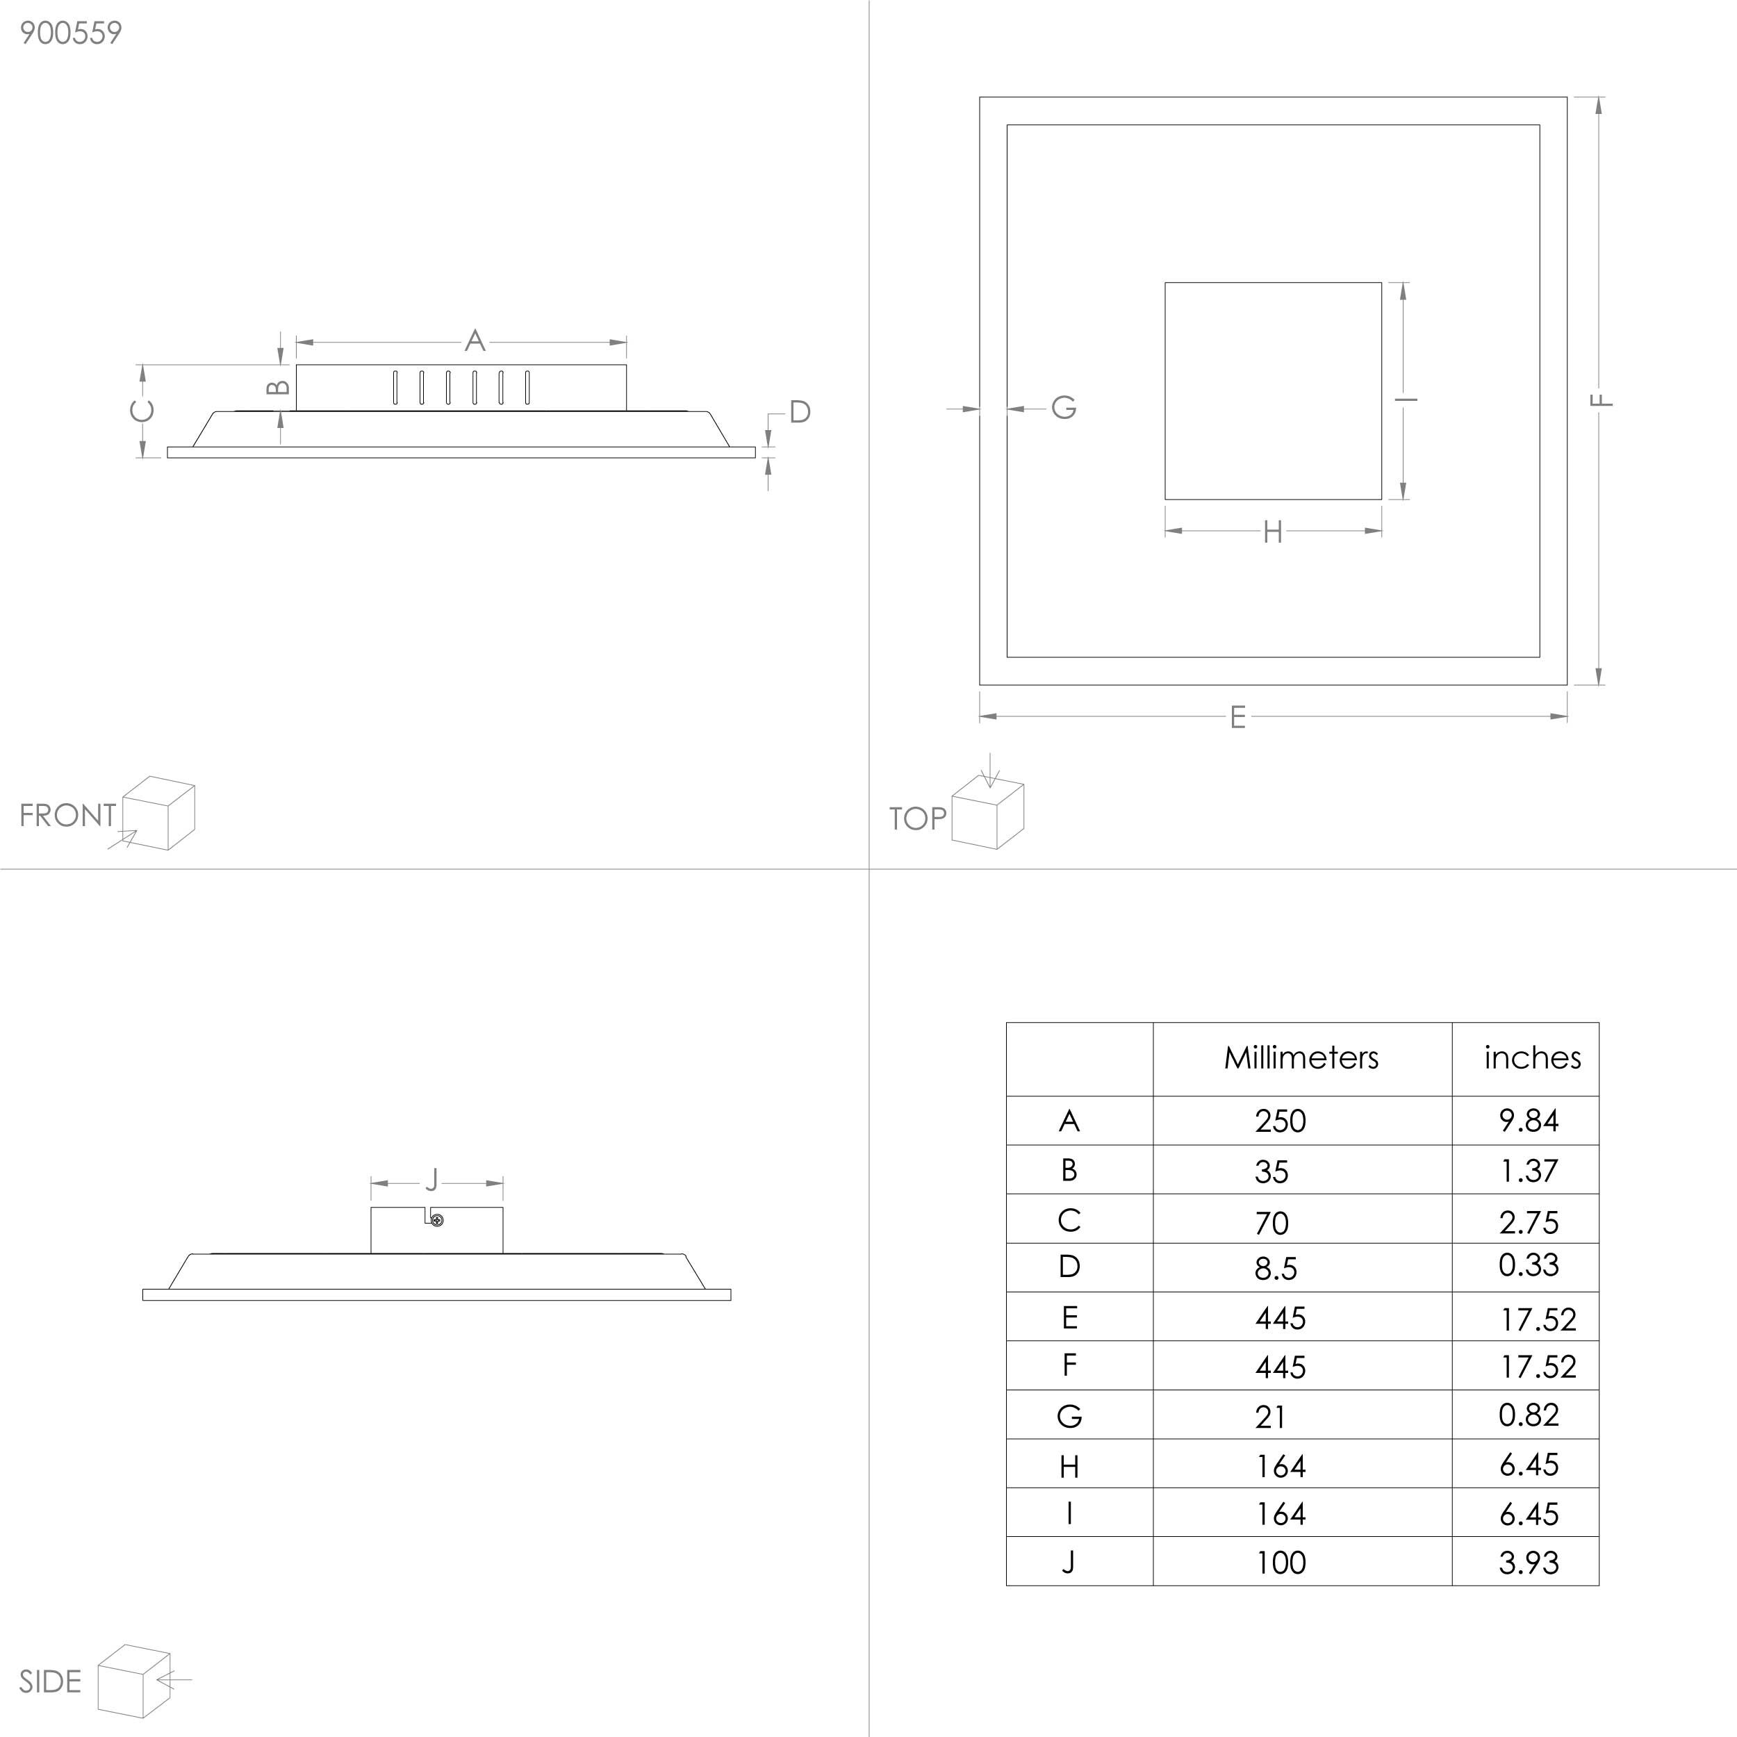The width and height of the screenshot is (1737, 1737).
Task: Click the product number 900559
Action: coord(70,33)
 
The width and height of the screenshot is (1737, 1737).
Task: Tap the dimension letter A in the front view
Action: coord(475,340)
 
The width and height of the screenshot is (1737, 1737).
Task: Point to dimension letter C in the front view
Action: coord(142,411)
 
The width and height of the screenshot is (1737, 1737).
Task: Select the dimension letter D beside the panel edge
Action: coord(800,413)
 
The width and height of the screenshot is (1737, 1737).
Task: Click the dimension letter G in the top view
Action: coord(1064,408)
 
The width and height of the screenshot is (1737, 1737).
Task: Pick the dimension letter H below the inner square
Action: coord(1272,532)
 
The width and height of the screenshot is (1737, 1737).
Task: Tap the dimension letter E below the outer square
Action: coord(1238,718)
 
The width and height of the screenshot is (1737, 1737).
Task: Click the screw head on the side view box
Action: coord(437,1220)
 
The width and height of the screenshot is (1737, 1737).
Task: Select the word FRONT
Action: coord(67,816)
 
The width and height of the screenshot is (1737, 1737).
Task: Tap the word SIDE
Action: coord(50,1682)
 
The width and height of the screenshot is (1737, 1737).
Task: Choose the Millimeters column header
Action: coord(1301,1057)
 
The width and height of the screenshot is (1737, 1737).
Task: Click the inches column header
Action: coord(1532,1057)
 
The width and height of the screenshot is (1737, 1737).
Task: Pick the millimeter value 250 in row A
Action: coord(1281,1121)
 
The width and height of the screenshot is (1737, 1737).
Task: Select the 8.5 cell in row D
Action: coord(1276,1269)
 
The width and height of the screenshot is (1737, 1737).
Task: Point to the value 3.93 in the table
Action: coord(1529,1563)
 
